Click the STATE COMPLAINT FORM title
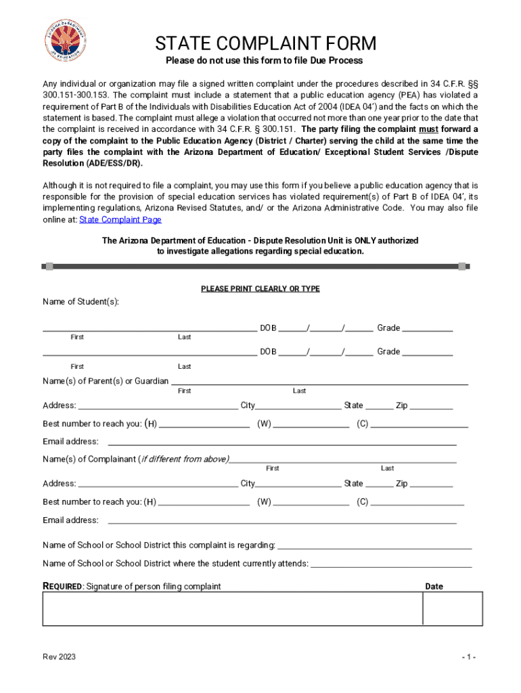pos(265,44)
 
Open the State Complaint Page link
pos(120,219)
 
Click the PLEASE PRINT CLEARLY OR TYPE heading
pos(260,289)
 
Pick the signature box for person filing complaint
pos(233,608)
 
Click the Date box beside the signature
pos(453,608)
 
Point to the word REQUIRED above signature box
pos(63,586)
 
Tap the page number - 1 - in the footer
pos(470,657)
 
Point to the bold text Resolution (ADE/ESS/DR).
pos(93,163)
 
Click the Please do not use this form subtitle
pos(265,61)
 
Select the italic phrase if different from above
pos(183,460)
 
